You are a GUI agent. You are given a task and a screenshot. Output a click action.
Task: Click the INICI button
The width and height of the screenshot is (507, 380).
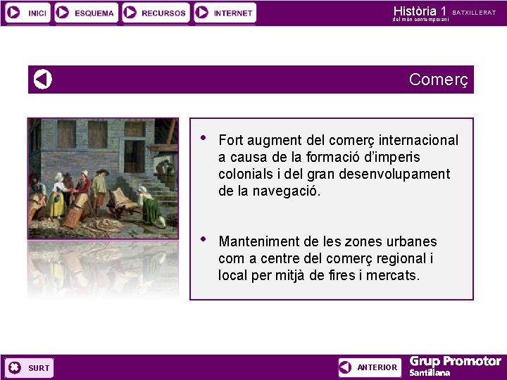pyautogui.click(x=27, y=13)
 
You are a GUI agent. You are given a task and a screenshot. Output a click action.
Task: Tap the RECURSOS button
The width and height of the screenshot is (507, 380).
pyautogui.click(x=156, y=13)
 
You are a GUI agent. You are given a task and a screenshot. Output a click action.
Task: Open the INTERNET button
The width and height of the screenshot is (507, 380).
pyautogui.click(x=225, y=13)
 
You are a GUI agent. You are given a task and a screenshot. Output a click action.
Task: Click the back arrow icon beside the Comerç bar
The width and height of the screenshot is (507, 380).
pyautogui.click(x=43, y=80)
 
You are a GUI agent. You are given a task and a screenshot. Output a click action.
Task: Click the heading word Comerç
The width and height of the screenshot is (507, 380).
pyautogui.click(x=438, y=80)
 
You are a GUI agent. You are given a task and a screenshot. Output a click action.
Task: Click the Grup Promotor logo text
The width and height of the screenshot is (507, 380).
pyautogui.click(x=455, y=362)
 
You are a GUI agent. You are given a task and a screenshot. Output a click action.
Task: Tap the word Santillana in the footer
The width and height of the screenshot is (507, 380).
pyautogui.click(x=430, y=373)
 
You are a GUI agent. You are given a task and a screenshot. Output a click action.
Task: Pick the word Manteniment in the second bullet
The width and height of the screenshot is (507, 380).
pyautogui.click(x=258, y=241)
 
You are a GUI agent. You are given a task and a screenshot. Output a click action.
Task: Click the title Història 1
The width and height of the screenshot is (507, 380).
pyautogui.click(x=420, y=11)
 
